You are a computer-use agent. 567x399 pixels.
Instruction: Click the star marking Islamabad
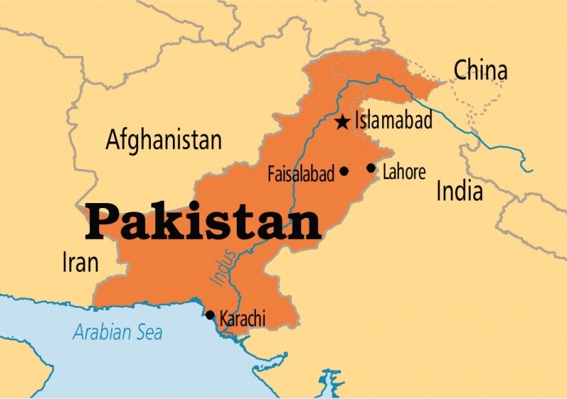point(342,122)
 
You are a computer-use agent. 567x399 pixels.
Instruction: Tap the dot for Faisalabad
point(344,170)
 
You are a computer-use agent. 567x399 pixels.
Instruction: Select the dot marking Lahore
point(371,168)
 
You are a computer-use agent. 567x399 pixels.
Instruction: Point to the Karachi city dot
point(210,315)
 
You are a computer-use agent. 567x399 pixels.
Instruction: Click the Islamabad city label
point(393,121)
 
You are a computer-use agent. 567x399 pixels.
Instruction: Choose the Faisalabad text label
point(301,174)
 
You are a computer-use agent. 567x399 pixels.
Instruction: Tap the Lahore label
point(404,172)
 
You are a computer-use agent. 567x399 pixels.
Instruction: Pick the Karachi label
point(242,319)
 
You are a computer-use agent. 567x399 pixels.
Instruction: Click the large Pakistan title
point(203,221)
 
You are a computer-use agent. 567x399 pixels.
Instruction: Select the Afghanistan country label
point(163,139)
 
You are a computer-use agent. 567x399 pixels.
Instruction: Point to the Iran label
point(79,263)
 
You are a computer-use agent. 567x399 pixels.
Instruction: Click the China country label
point(481,70)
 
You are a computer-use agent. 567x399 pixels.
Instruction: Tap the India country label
point(459,190)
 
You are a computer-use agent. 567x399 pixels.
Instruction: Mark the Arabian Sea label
point(118,331)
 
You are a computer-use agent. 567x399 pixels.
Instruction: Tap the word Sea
point(150,331)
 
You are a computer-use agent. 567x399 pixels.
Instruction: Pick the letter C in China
point(461,70)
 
